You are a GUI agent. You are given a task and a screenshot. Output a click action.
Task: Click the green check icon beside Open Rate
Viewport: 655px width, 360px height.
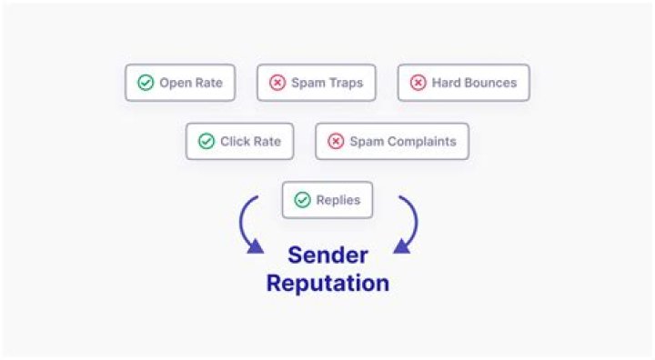coord(146,83)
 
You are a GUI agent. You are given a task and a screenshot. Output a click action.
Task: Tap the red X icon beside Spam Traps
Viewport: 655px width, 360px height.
coord(277,83)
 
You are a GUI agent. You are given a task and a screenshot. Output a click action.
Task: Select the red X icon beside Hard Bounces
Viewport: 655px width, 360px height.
coord(418,83)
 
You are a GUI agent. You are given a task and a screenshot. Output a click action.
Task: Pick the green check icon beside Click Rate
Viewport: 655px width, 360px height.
coord(207,142)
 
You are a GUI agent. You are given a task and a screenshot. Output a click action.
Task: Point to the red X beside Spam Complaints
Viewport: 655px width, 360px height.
coord(336,142)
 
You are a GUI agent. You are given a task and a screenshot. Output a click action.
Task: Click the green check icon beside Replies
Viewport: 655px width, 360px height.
coord(302,200)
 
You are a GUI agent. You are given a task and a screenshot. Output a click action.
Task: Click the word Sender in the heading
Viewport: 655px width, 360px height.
coord(327,255)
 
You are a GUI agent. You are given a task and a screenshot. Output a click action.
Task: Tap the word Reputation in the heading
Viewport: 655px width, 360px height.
coord(327,283)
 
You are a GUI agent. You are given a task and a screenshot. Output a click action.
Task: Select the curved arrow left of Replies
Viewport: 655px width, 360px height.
coord(248,225)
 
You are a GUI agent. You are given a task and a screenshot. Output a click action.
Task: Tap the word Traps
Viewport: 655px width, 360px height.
coord(345,83)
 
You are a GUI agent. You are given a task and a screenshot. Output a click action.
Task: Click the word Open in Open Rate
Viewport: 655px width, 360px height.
coord(176,83)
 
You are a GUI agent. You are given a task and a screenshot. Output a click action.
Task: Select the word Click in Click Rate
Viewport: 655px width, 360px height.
coord(236,142)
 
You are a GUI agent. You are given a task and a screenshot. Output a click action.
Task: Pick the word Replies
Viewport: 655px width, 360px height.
coord(338,200)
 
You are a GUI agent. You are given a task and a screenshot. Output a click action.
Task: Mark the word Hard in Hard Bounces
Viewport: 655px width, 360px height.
coord(447,83)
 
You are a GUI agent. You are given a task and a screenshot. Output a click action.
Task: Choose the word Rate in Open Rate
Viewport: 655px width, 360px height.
coord(208,83)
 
